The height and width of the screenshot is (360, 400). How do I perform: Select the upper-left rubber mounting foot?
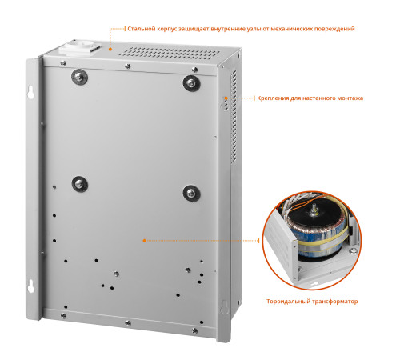click(x=79, y=77)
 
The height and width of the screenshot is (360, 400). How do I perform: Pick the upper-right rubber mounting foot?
click(x=191, y=83)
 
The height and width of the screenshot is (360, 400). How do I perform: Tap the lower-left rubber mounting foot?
click(x=80, y=184)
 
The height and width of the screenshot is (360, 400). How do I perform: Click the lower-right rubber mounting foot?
click(x=191, y=193)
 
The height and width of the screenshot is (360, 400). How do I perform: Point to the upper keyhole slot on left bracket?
click(x=31, y=92)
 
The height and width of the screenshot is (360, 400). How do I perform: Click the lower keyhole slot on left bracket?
click(x=31, y=286)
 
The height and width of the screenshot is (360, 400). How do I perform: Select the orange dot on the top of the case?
click(x=110, y=49)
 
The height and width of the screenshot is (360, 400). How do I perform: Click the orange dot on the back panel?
click(x=144, y=241)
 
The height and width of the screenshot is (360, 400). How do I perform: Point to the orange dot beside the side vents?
click(x=226, y=98)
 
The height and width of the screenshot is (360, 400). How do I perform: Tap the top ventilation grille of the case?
click(x=170, y=52)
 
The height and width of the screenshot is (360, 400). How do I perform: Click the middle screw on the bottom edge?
click(x=128, y=323)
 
